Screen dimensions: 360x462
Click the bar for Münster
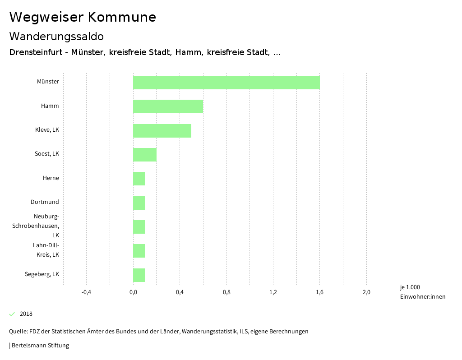(226, 83)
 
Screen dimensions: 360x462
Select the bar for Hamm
(168, 106)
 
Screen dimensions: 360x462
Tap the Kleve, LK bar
(162, 130)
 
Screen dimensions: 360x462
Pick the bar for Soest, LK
(145, 154)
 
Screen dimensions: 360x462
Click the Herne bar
(139, 179)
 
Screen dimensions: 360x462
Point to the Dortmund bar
(139, 203)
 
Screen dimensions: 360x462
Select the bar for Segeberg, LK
(139, 275)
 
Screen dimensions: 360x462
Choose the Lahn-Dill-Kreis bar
(139, 251)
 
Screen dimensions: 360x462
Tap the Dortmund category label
(45, 202)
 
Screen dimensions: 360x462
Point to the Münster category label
(48, 82)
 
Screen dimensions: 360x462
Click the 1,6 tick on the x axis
(319, 292)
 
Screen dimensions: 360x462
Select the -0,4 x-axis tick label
(86, 292)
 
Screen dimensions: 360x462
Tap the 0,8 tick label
(226, 292)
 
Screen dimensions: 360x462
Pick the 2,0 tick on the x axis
(366, 292)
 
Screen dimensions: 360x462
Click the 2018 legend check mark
(12, 314)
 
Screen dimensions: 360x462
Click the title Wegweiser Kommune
(83, 17)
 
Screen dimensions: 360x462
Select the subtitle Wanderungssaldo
(56, 37)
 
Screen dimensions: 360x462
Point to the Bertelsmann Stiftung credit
(40, 346)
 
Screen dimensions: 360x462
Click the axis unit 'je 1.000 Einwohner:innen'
(422, 292)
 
